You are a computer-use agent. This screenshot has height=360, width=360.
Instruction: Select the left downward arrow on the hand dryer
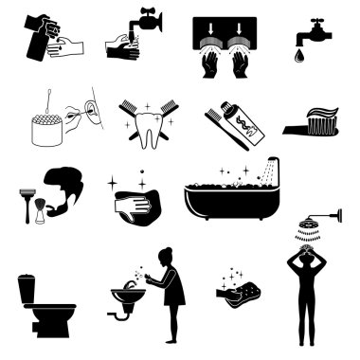[x=210, y=27]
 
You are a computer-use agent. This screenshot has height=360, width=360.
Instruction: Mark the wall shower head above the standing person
[x=307, y=225]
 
